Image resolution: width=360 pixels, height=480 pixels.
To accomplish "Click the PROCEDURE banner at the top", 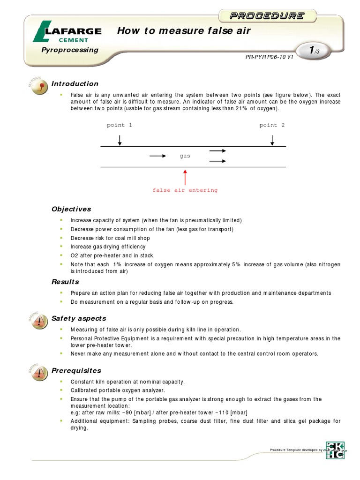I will pos(266,16).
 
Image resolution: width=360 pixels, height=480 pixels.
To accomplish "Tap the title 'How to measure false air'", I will pos(184,31).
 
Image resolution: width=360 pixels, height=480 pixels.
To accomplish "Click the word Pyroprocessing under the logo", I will pos(70,50).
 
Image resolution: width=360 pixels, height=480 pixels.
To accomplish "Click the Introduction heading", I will pos(75,84).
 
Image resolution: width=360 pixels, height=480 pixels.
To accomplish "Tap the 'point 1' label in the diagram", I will pos(120,125).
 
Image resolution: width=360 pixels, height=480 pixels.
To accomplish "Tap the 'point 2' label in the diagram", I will pos(272,125).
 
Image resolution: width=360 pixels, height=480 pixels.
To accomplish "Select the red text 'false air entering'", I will pos(185,190).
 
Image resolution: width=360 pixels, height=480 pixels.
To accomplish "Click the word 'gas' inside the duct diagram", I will pos(185,156).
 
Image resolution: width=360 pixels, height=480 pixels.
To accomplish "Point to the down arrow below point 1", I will pos(120,140).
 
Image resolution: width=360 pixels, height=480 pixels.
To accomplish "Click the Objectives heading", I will pos(71,209).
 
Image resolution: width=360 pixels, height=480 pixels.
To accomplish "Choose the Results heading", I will pos(65,282).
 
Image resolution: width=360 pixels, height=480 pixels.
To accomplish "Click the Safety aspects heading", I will pos(79,318).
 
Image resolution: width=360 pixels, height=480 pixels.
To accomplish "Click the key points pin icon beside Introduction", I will pos(40,86).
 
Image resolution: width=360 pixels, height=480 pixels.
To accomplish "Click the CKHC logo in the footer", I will pos(335,450).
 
